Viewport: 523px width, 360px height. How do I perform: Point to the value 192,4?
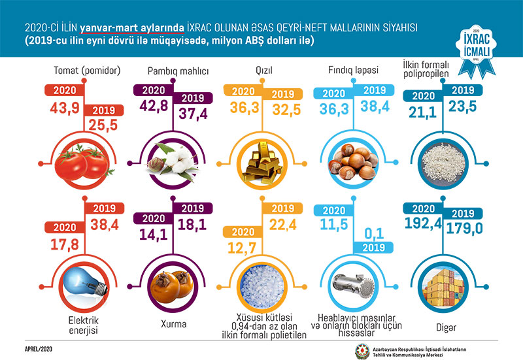click(x=424, y=231)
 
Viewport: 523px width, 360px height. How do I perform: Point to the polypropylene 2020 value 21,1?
click(x=422, y=110)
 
